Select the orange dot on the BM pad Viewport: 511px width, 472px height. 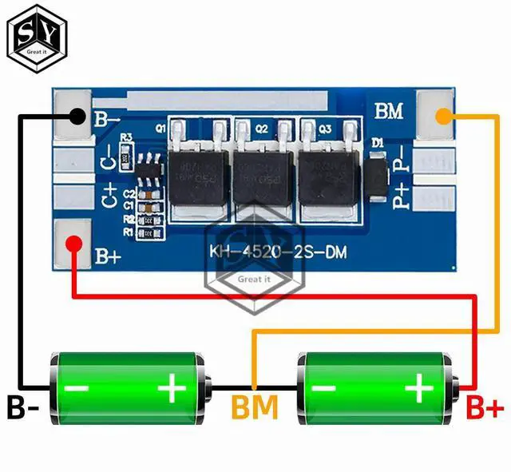click(438, 117)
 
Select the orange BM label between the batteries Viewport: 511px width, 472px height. click(255, 408)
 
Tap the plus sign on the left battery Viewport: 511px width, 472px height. click(172, 390)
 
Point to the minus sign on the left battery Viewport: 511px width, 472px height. click(77, 390)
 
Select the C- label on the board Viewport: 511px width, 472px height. click(106, 159)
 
